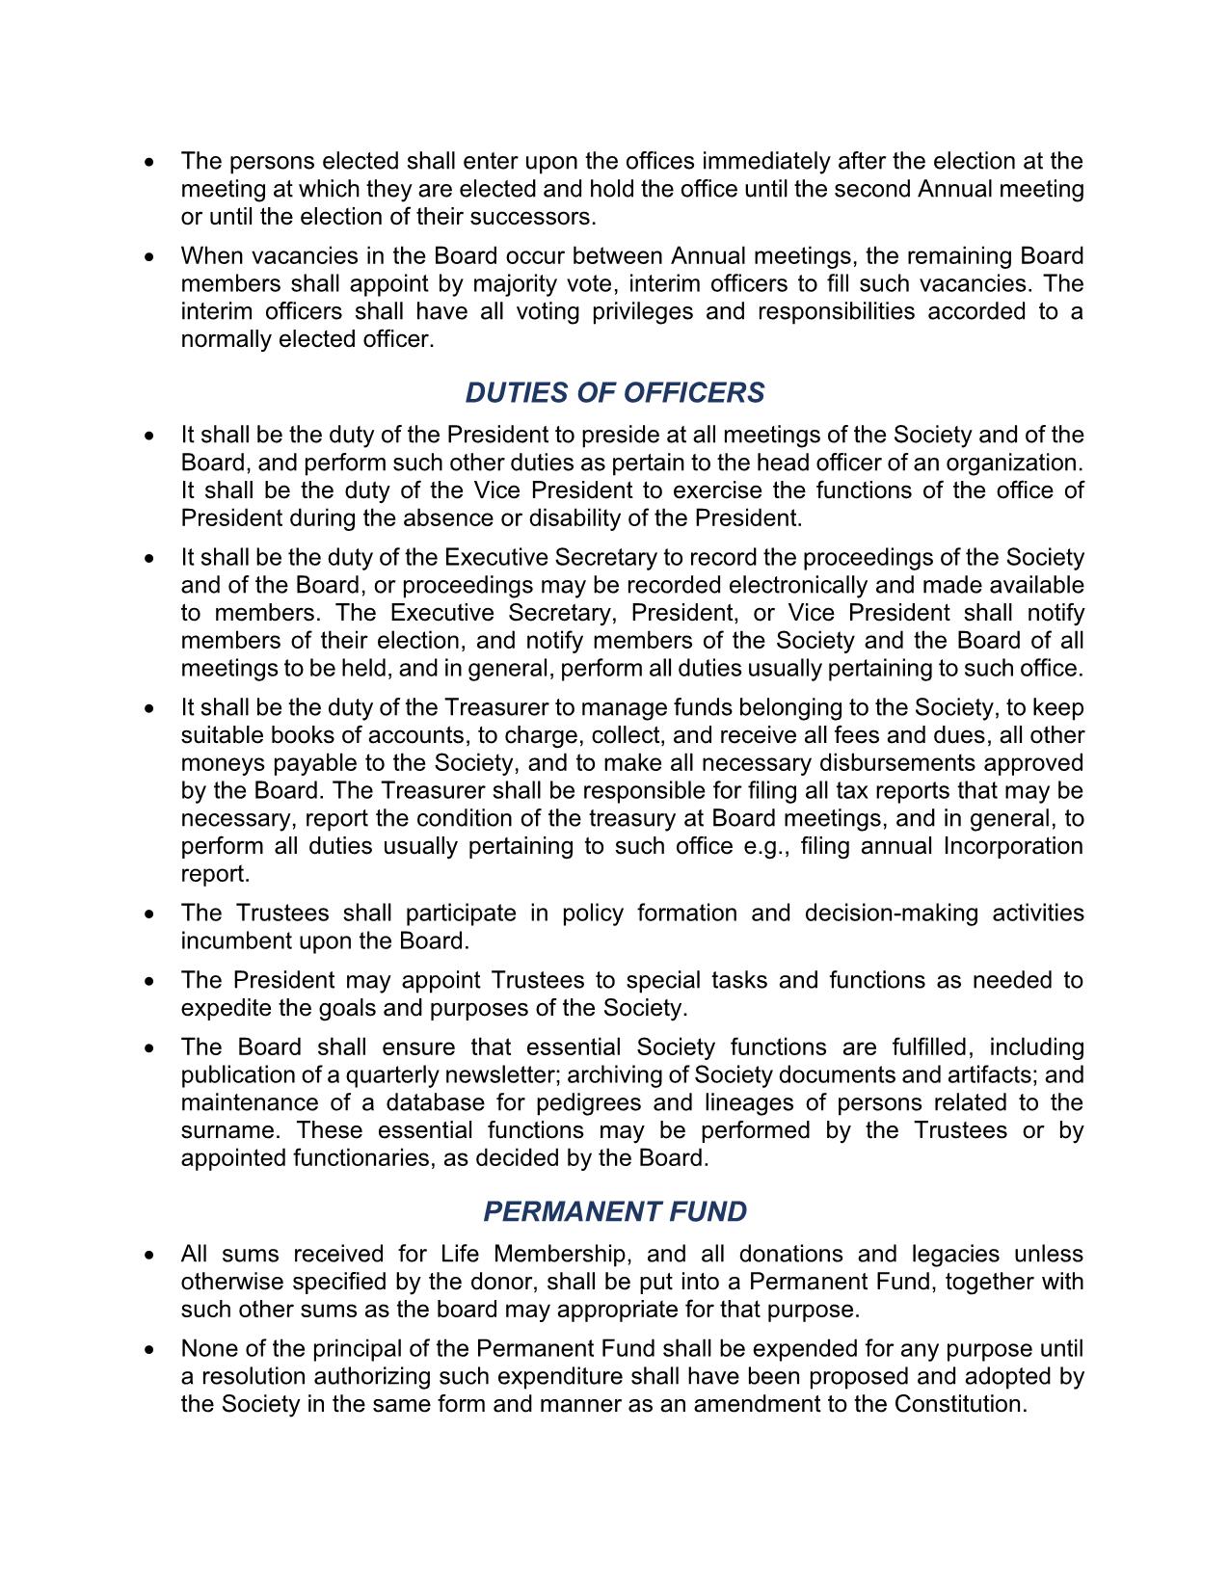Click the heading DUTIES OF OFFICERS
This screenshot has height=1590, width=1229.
(614, 393)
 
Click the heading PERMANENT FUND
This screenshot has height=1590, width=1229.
(614, 1212)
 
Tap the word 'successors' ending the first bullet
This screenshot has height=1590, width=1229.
(540, 217)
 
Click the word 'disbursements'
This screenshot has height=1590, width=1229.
(896, 763)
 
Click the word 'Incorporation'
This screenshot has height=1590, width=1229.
(1012, 846)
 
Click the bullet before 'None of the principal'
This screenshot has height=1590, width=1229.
(148, 1350)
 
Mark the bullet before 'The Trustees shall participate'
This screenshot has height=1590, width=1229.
(148, 914)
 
